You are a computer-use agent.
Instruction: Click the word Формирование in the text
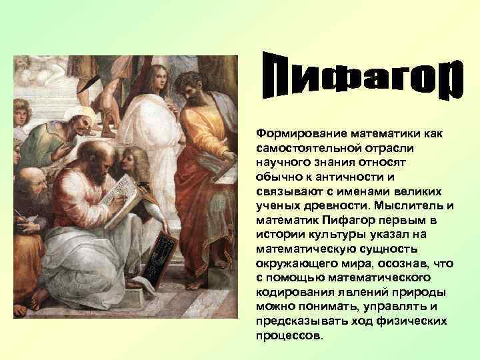point(293,135)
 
